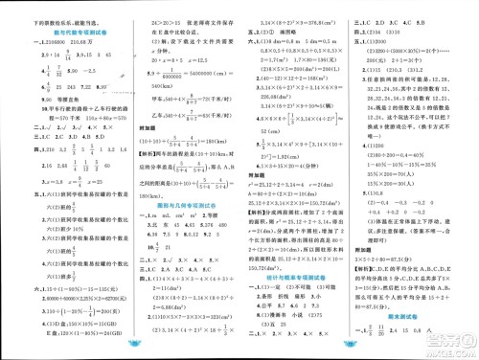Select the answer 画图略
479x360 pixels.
pyautogui.click(x=285, y=69)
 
